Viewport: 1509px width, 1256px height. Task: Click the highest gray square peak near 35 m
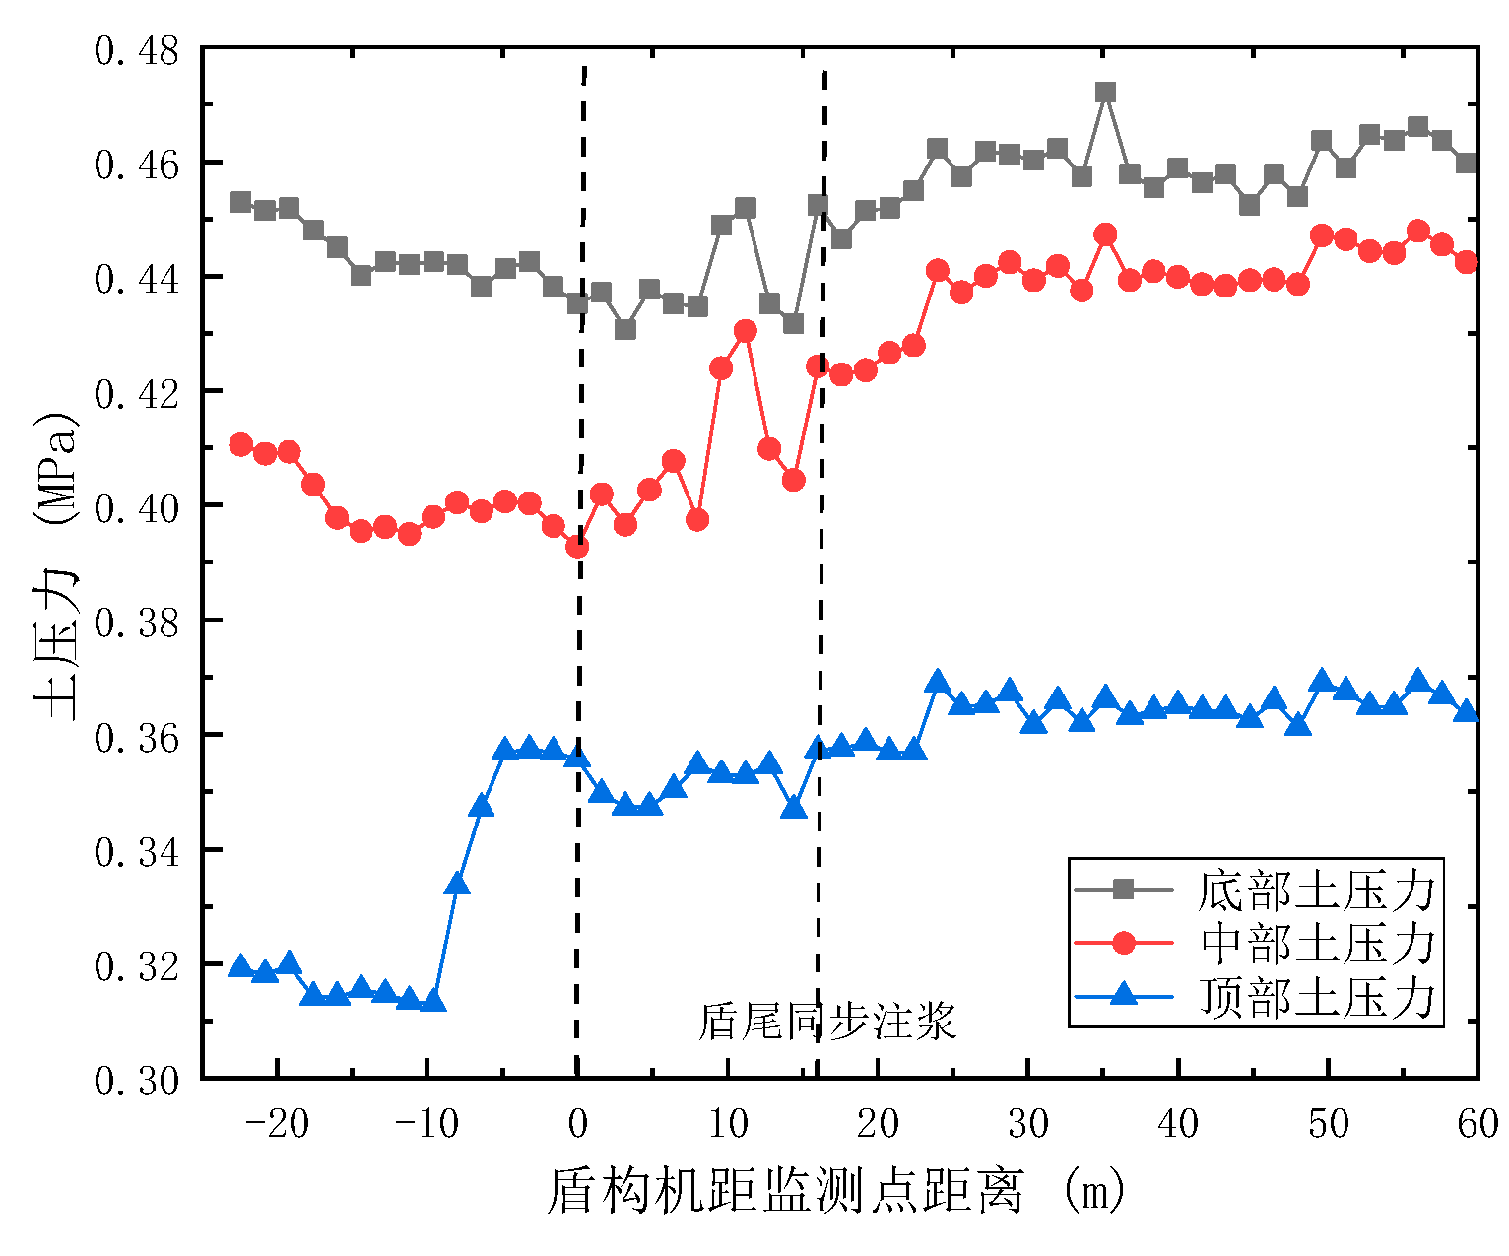pyautogui.click(x=1105, y=92)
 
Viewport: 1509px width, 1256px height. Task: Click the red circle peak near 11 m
pyautogui.click(x=746, y=331)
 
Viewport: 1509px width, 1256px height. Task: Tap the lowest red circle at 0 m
pyautogui.click(x=578, y=546)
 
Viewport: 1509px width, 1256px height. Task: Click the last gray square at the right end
pyautogui.click(x=1466, y=163)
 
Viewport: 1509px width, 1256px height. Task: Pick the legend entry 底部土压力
pyautogui.click(x=1316, y=890)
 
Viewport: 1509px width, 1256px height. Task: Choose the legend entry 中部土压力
pyautogui.click(x=1316, y=943)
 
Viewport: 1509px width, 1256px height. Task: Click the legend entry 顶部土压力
pyautogui.click(x=1316, y=997)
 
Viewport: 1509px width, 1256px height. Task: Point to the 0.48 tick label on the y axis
pyautogui.click(x=137, y=50)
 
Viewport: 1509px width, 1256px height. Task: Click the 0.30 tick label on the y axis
pyautogui.click(x=137, y=1081)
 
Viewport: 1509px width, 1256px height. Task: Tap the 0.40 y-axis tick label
pyautogui.click(x=137, y=507)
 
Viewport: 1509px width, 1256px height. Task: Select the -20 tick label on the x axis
pyautogui.click(x=277, y=1124)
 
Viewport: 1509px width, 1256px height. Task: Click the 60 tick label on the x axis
pyautogui.click(x=1477, y=1124)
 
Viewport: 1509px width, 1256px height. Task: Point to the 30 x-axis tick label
pyautogui.click(x=1027, y=1124)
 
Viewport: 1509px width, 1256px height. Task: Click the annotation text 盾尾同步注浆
pyautogui.click(x=827, y=1023)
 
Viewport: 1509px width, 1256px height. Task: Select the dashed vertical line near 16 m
pyautogui.click(x=821, y=591)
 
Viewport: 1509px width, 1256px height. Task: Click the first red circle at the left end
pyautogui.click(x=240, y=444)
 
